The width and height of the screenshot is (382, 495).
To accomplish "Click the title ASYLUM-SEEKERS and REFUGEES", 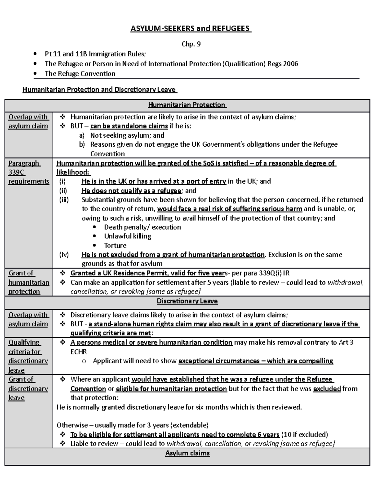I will pyautogui.click(x=191, y=29).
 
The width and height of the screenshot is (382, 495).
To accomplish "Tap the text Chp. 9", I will pyautogui.click(x=191, y=44).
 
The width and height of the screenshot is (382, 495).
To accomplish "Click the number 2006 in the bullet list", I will pyautogui.click(x=291, y=64).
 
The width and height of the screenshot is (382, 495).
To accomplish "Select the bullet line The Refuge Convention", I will pyautogui.click(x=80, y=74).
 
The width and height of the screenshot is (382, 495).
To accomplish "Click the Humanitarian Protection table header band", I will pyautogui.click(x=187, y=105).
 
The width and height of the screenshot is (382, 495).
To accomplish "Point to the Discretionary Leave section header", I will pyautogui.click(x=187, y=301).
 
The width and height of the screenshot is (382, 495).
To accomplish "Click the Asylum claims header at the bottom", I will pyautogui.click(x=187, y=453).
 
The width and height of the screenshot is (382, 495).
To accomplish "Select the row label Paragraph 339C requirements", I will pyautogui.click(x=28, y=172).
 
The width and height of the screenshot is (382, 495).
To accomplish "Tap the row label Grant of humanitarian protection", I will pyautogui.click(x=28, y=282).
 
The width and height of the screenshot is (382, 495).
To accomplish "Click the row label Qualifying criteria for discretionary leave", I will pyautogui.click(x=28, y=356).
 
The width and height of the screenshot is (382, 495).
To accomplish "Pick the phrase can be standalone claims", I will pyautogui.click(x=129, y=126).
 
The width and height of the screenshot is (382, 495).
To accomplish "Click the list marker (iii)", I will pyautogui.click(x=64, y=200).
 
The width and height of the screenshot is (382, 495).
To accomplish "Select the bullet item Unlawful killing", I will pyautogui.click(x=127, y=236).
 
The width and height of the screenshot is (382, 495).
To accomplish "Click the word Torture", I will pyautogui.click(x=115, y=245).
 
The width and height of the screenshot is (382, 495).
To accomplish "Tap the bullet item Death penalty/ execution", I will pyautogui.click(x=142, y=227).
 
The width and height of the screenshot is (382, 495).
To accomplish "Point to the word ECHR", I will pyautogui.click(x=79, y=352).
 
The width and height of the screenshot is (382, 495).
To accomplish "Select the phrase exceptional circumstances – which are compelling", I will pyautogui.click(x=256, y=361).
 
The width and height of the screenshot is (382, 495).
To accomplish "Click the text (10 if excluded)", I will pyautogui.click(x=305, y=434).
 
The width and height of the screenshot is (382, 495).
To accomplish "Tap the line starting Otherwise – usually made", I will pyautogui.click(x=132, y=425).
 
